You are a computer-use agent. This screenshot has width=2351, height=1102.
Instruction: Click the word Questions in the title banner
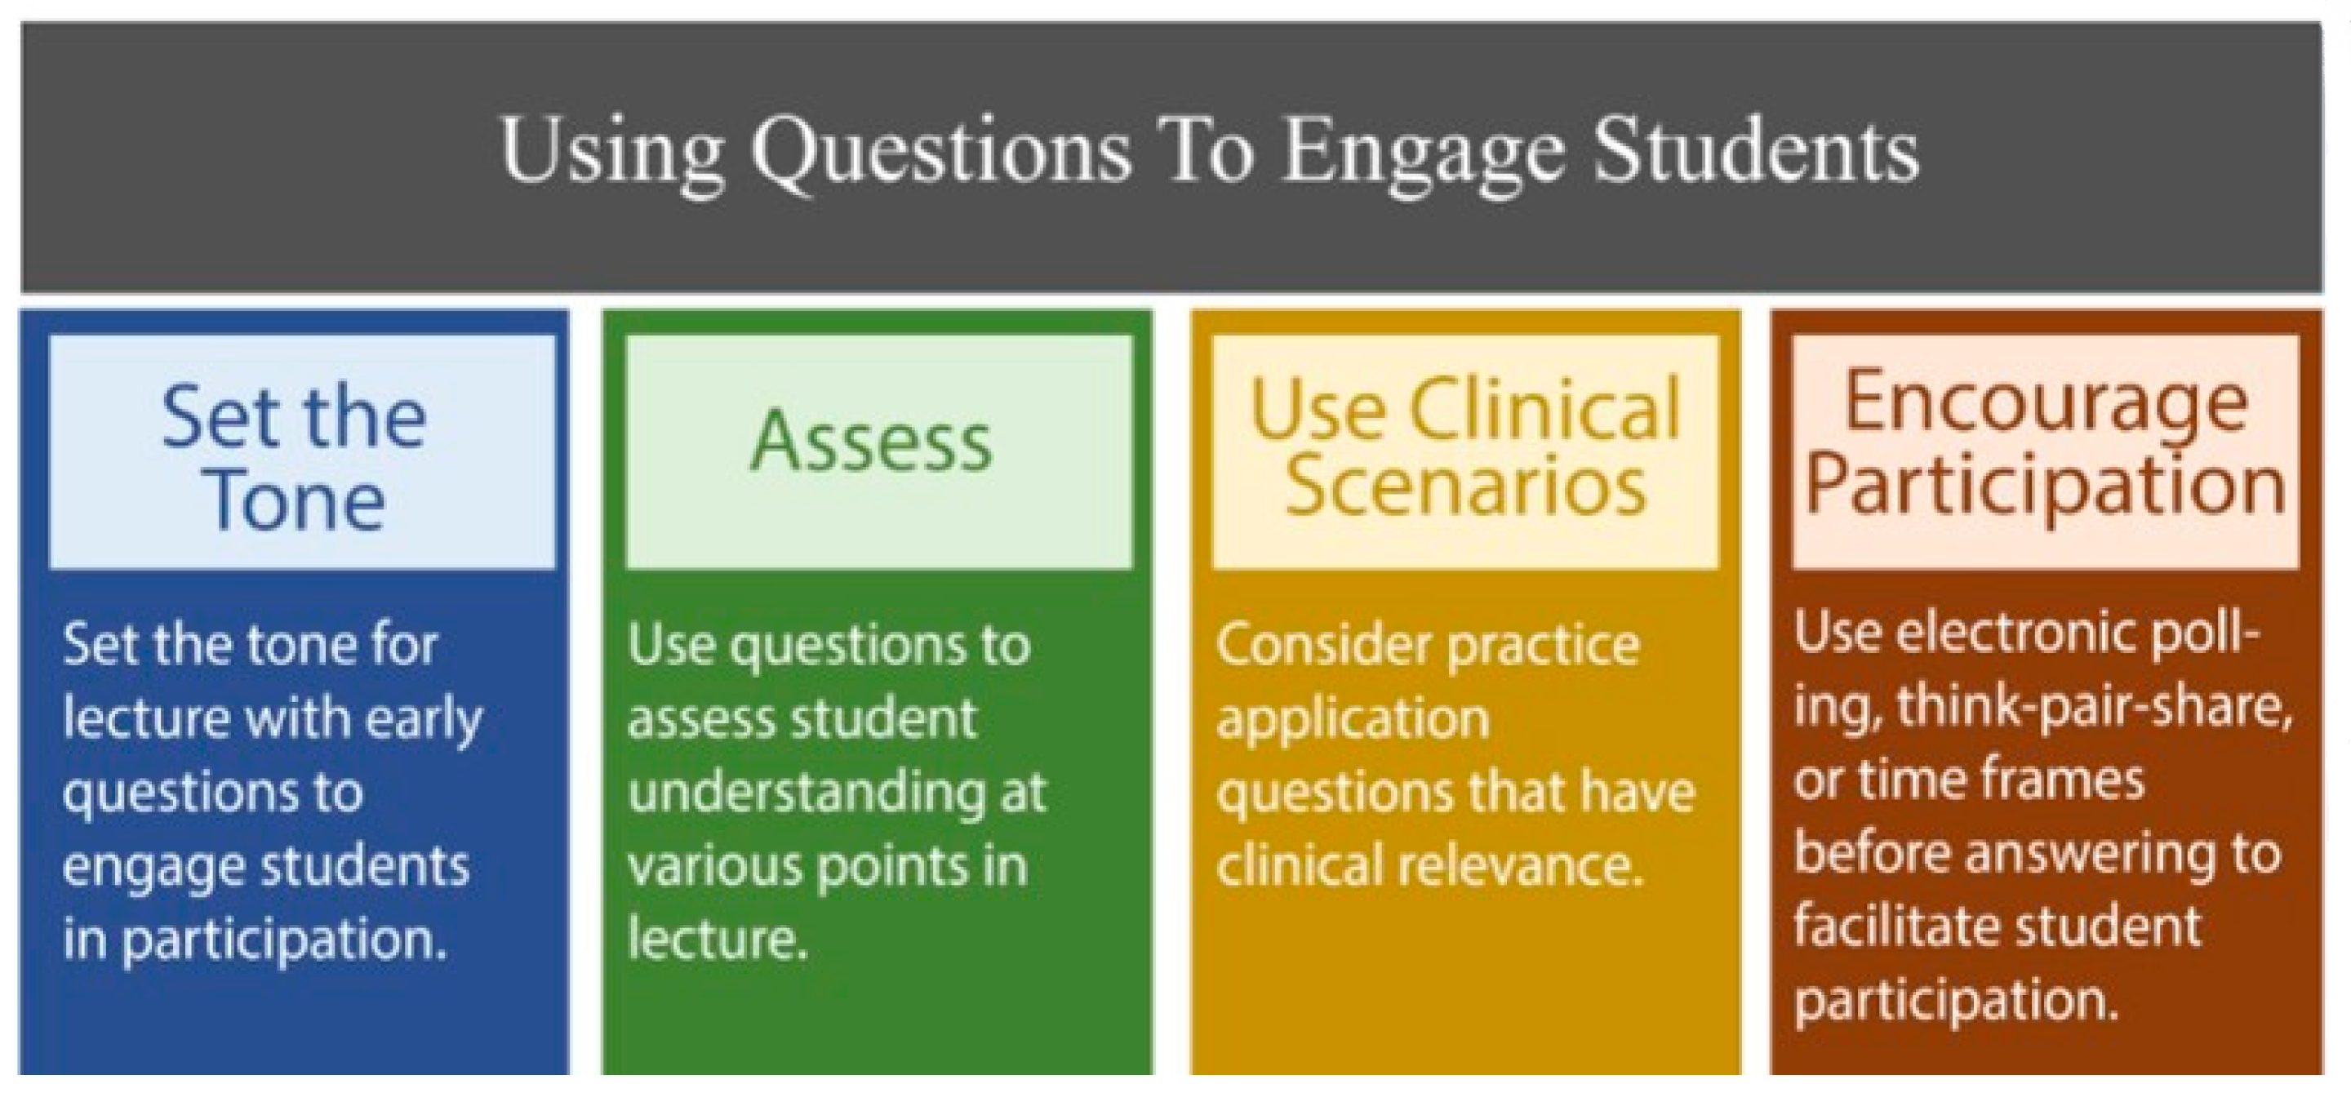pos(941,153)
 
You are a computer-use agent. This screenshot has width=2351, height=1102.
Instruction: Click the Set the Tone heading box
pos(302,451)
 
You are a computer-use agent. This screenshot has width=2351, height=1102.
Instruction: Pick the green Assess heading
pos(871,441)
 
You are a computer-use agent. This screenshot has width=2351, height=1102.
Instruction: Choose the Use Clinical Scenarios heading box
pos(1464,451)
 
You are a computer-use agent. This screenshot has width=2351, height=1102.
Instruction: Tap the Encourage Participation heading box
pos(2045,451)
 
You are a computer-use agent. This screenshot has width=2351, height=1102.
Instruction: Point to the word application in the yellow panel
pos(1353,721)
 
